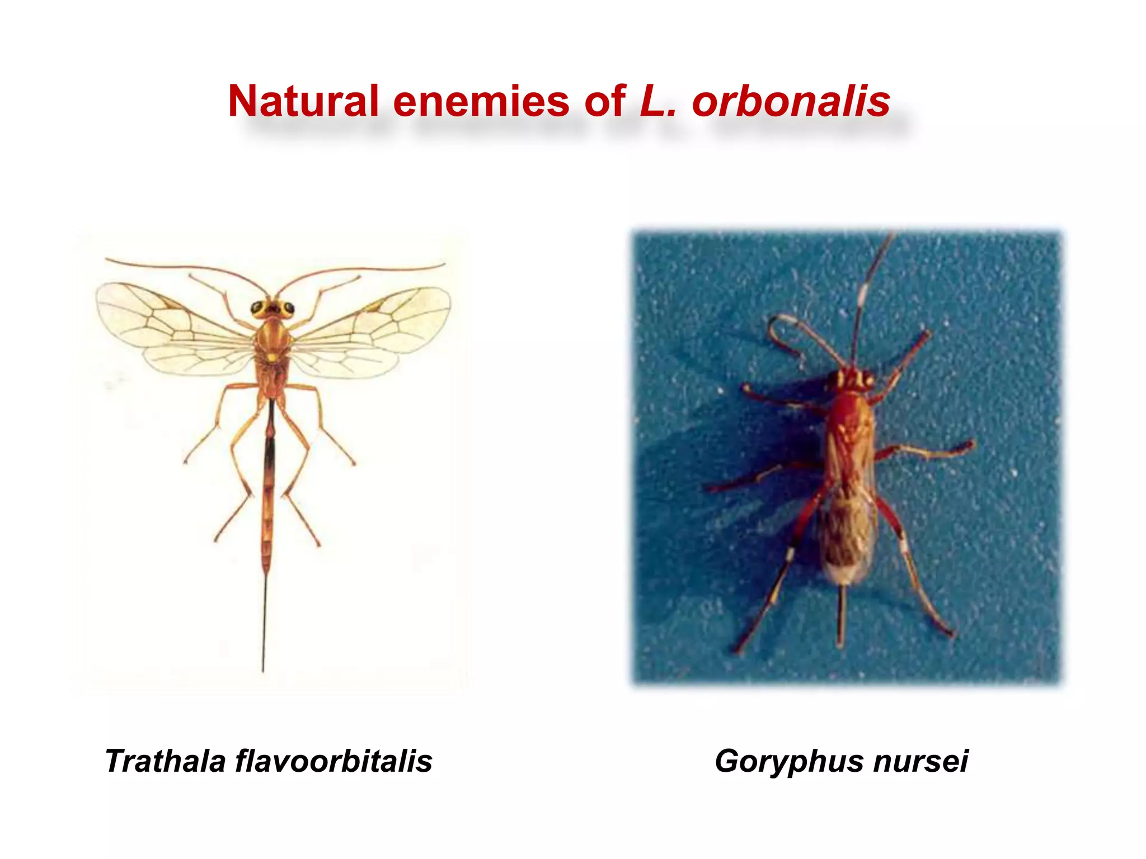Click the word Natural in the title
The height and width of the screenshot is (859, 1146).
coord(303,101)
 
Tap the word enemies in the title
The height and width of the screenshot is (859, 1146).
coord(481,101)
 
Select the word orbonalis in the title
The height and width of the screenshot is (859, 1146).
coord(791,102)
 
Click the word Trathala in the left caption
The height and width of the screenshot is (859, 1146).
coord(165,761)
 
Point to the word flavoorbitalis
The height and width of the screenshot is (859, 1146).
coord(334,761)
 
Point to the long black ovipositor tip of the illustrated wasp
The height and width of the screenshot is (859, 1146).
coord(264,632)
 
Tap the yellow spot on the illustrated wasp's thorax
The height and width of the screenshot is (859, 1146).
coord(271,356)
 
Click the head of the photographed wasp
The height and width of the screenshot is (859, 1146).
coord(853,379)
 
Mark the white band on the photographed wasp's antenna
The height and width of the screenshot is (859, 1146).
coord(863,292)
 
